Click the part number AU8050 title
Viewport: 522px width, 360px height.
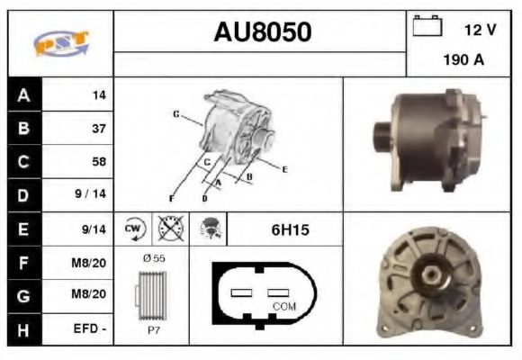tap(262, 32)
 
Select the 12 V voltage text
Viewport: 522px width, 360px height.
tap(480, 30)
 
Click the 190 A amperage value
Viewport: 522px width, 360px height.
tap(463, 61)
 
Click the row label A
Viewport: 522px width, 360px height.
tap(24, 94)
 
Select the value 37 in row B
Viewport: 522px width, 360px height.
tap(98, 128)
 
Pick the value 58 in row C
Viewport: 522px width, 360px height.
tap(98, 162)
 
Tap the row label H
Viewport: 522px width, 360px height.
tap(24, 330)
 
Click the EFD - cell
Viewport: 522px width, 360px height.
tap(91, 330)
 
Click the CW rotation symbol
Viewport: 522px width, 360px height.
tap(133, 229)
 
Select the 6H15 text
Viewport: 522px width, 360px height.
tap(290, 230)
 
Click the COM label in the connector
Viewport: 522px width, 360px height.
tap(284, 306)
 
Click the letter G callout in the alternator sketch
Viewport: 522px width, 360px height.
tap(175, 114)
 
